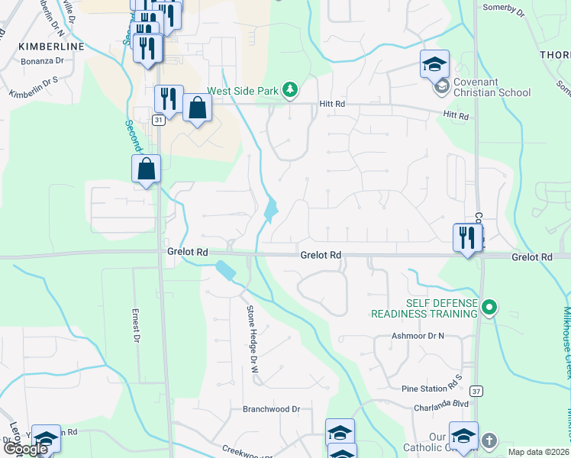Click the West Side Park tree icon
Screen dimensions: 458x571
[290, 91]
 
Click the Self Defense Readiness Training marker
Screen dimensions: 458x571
[491, 308]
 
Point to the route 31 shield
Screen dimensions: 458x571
[157, 120]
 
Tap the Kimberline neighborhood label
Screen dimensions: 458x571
[51, 47]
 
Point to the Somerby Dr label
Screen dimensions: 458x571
[505, 11]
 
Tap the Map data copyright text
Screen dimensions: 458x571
[538, 452]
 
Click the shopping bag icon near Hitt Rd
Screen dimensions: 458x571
[197, 108]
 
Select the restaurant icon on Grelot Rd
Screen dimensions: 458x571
[466, 237]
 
